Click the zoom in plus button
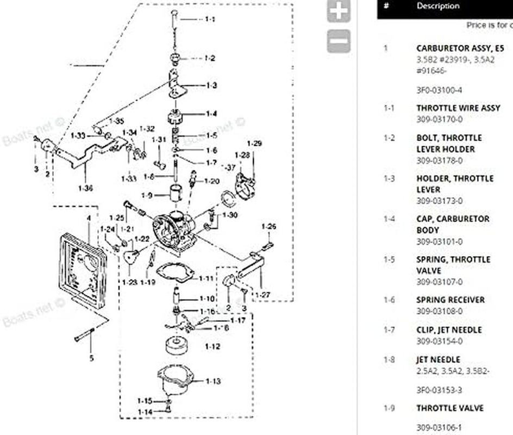pos(339,11)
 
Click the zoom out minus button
pos(339,41)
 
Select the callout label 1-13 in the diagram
pos(214,381)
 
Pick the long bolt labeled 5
pos(84,334)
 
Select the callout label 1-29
pos(254,144)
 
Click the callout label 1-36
pos(85,188)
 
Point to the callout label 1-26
pos(268,226)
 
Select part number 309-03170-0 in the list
pos(440,120)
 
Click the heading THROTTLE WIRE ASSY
pos(458,108)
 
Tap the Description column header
pos(437,7)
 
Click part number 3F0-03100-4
pos(440,90)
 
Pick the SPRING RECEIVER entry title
pos(451,300)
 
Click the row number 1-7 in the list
pos(389,330)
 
